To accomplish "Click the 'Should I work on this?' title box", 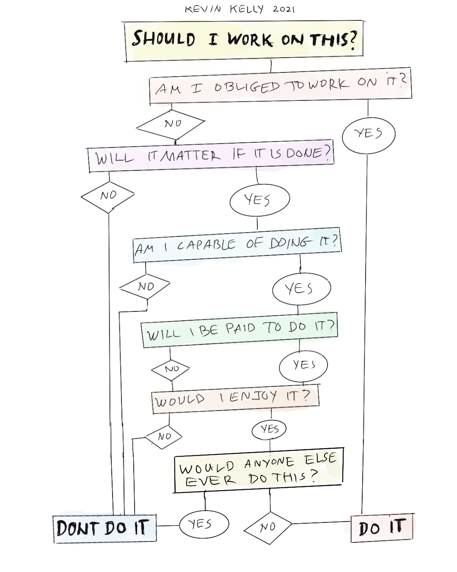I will click(x=244, y=40).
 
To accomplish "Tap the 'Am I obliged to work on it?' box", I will click(x=280, y=86).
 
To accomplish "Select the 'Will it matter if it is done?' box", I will click(x=211, y=156).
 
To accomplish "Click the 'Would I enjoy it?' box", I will click(x=235, y=398).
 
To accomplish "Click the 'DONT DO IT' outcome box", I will click(x=105, y=528).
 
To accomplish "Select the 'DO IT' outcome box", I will click(x=382, y=528).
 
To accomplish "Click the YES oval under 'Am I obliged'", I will click(x=368, y=134).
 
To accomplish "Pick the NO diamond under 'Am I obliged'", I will click(x=171, y=124).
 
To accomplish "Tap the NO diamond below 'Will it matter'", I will click(x=108, y=196).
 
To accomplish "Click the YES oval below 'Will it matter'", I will click(x=259, y=200).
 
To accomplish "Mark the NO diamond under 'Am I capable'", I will click(x=145, y=287).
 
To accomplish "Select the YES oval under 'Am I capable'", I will click(x=301, y=289).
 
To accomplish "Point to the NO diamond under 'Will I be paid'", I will click(x=171, y=369).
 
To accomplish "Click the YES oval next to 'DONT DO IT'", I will click(x=204, y=524).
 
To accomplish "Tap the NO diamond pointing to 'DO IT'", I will click(x=268, y=528).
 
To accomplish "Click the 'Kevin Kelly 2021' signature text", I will click(x=240, y=9).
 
